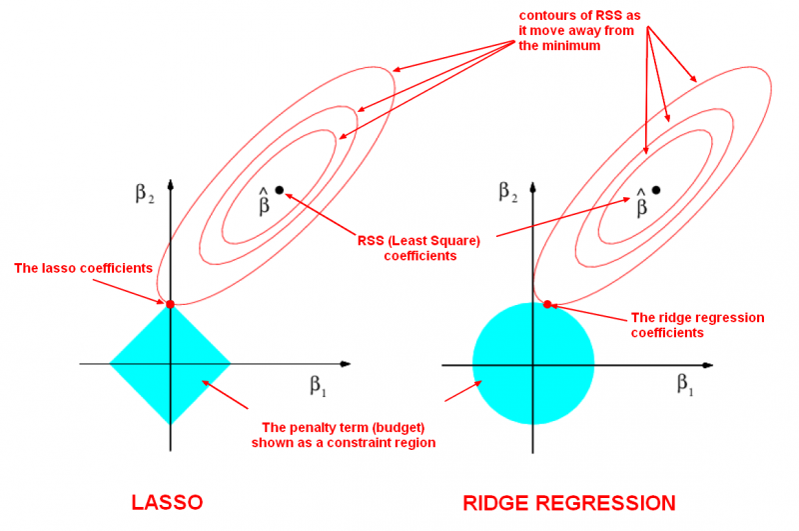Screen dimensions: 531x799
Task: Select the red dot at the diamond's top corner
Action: (170, 303)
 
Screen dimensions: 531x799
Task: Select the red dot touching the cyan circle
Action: (547, 303)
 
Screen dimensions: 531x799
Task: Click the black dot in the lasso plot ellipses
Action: (279, 190)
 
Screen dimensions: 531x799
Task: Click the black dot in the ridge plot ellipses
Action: (656, 190)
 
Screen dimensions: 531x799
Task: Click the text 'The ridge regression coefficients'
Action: (697, 325)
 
